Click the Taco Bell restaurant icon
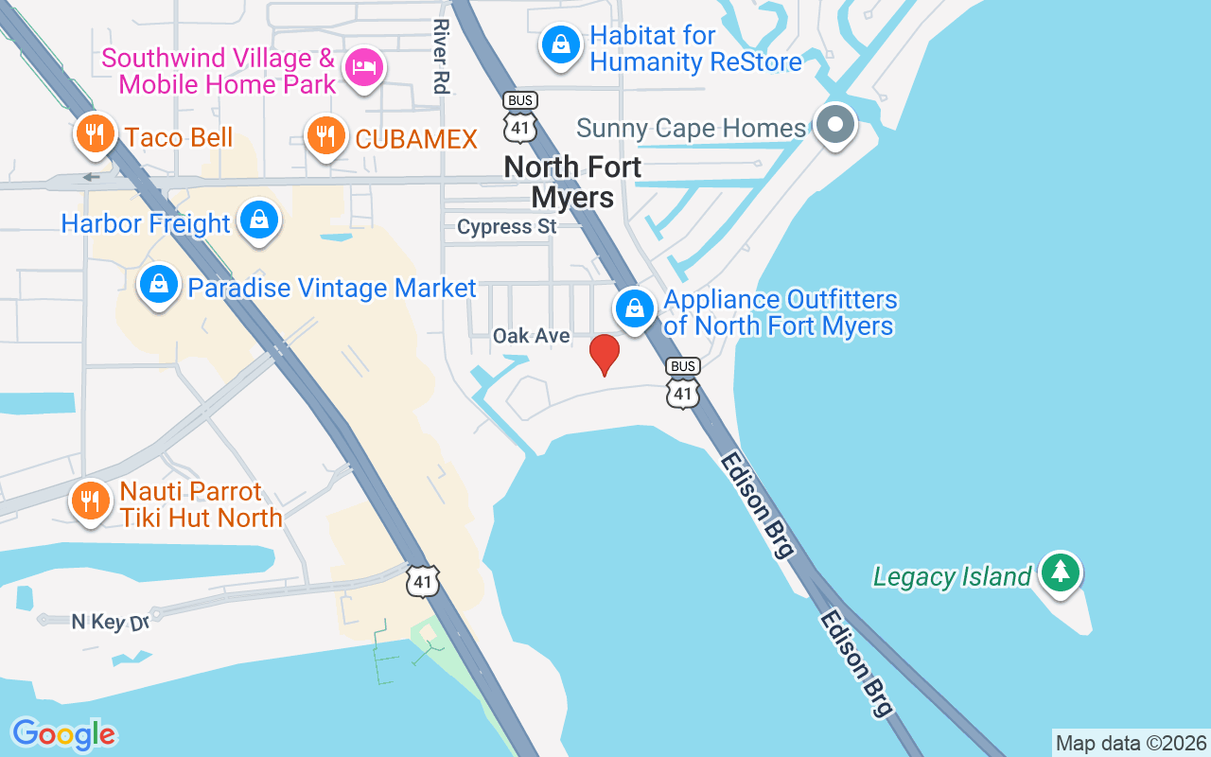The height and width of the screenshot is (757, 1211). [94, 134]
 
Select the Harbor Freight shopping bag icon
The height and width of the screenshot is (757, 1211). [257, 220]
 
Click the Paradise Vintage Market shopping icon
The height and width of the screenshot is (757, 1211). [159, 284]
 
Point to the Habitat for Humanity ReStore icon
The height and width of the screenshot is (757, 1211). [561, 44]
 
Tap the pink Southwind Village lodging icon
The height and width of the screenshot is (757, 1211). [363, 67]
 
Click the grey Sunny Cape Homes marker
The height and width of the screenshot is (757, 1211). [835, 124]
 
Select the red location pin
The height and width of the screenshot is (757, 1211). [605, 355]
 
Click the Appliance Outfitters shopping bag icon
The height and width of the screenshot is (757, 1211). [635, 308]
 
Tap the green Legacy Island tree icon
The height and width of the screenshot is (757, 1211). [1061, 572]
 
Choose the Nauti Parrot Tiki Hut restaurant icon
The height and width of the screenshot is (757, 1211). [91, 501]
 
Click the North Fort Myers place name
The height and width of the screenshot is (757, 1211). [572, 182]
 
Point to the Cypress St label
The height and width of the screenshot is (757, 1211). [507, 227]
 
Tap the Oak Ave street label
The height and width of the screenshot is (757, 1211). [532, 336]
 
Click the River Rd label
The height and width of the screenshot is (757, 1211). [439, 57]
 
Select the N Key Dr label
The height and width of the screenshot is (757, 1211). [111, 622]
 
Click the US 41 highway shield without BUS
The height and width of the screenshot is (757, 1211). [423, 581]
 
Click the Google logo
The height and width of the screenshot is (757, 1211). [64, 734]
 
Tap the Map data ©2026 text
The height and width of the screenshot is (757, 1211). [1131, 743]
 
